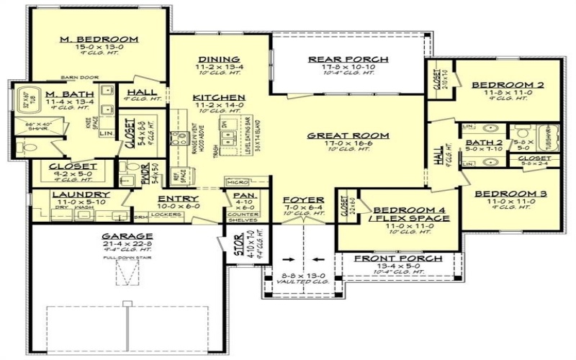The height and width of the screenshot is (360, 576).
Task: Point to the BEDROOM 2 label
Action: click(497, 85)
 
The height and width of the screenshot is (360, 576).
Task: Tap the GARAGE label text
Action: click(127, 235)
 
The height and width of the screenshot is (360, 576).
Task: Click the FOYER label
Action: click(303, 199)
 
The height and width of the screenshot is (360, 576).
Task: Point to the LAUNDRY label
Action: click(80, 194)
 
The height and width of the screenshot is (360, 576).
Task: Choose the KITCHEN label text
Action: click(219, 97)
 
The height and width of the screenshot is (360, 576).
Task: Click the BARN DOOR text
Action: click(78, 76)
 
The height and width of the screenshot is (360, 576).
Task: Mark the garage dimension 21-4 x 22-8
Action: click(127, 245)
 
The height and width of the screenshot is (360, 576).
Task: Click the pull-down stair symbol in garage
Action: click(127, 274)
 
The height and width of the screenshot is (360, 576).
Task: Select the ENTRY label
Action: click(174, 198)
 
